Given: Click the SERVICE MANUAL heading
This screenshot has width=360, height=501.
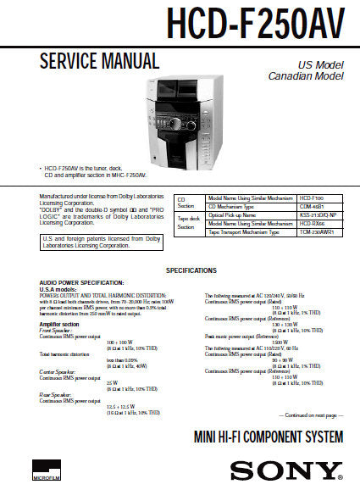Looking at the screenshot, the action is pos(99,61).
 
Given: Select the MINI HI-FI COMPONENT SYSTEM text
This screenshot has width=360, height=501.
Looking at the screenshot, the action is pos(270,438).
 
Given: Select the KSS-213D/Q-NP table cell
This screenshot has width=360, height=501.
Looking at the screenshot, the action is pos(318,215).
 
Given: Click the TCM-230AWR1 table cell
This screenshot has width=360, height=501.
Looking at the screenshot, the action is pos(318,232).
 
